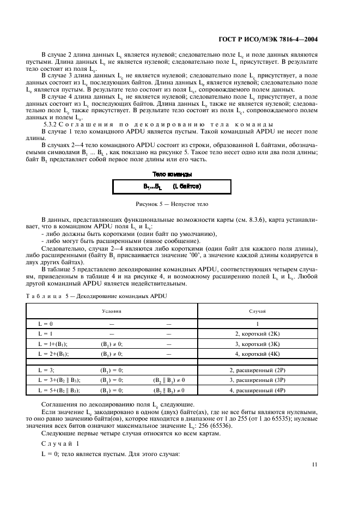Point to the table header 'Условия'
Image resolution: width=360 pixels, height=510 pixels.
click(x=112, y=310)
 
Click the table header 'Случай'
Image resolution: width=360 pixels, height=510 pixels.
click(x=257, y=310)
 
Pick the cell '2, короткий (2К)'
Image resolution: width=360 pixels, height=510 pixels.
click(x=257, y=333)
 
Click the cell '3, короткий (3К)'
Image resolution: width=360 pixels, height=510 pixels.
click(x=257, y=344)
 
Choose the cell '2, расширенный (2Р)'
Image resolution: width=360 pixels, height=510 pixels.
click(x=257, y=370)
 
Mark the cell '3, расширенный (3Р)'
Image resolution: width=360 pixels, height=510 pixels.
click(x=257, y=380)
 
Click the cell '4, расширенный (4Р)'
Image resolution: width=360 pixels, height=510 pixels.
click(x=257, y=390)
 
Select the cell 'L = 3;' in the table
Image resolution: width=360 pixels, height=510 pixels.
click(x=47, y=370)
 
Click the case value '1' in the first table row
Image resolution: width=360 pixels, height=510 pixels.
click(x=257, y=323)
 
